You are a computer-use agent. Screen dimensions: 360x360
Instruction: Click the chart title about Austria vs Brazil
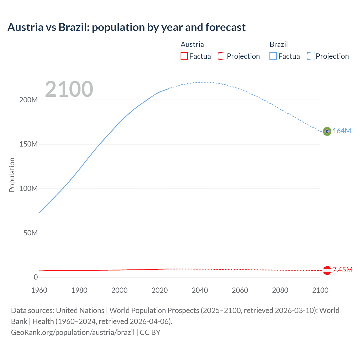pyautogui.click(x=126, y=27)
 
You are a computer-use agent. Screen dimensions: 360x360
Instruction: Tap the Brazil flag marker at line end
pyautogui.click(x=327, y=131)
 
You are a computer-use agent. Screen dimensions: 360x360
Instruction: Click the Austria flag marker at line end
pyautogui.click(x=327, y=270)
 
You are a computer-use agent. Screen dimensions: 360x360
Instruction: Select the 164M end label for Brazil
pyautogui.click(x=342, y=131)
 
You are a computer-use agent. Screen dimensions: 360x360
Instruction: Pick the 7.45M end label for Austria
pyautogui.click(x=342, y=270)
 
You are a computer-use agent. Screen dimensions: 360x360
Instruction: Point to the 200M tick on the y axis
pyautogui.click(x=28, y=100)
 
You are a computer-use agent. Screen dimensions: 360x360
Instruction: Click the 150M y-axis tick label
pyautogui.click(x=28, y=144)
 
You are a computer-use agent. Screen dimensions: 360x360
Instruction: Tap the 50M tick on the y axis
pyautogui.click(x=30, y=233)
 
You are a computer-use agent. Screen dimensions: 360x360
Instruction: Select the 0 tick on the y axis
pyautogui.click(x=36, y=277)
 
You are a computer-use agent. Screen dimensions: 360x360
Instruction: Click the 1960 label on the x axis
pyautogui.click(x=39, y=290)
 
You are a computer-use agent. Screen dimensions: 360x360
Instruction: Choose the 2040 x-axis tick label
pyautogui.click(x=200, y=290)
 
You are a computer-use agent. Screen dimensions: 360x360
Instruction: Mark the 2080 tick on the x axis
pyautogui.click(x=280, y=290)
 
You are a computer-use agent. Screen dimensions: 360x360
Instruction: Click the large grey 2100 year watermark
pyautogui.click(x=69, y=89)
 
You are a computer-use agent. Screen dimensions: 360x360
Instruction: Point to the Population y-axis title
pyautogui.click(x=12, y=175)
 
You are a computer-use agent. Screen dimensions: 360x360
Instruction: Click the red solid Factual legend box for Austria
pyautogui.click(x=184, y=56)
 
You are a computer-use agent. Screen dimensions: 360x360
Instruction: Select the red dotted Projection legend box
pyautogui.click(x=222, y=56)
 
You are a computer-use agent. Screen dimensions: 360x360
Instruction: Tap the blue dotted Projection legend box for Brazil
pyautogui.click(x=310, y=56)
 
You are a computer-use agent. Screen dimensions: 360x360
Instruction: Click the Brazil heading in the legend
pyautogui.click(x=278, y=44)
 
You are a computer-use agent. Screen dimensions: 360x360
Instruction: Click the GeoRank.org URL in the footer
pyautogui.click(x=73, y=332)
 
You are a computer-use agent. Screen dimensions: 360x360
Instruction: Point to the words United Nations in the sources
pyautogui.click(x=80, y=310)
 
